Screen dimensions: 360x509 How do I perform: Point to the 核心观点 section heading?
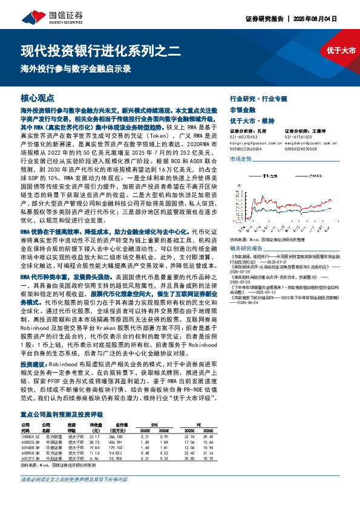pos(38,97)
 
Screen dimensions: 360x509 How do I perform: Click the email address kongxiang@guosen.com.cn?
pos(252,142)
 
